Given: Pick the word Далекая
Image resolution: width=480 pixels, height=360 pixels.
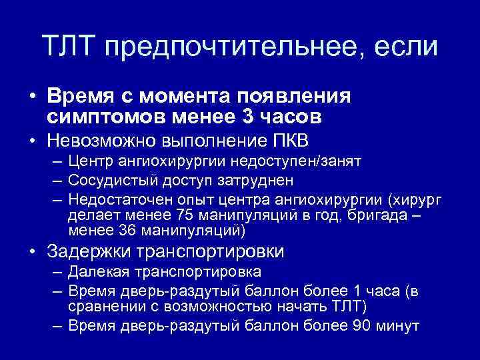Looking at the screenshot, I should coord(95,273).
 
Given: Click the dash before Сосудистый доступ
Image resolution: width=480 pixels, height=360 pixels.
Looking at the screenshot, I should coord(54,181).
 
